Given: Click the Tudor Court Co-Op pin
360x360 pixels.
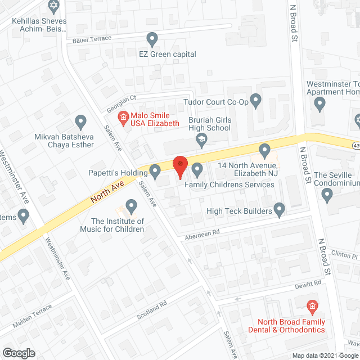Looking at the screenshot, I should tap(256, 101).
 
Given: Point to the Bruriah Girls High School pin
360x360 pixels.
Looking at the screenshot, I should tap(202, 143).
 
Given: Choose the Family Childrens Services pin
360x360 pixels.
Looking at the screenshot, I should tap(197, 169).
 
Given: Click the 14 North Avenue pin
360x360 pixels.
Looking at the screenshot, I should tap(264, 150).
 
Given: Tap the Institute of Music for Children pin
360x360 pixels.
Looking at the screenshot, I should tap(132, 206).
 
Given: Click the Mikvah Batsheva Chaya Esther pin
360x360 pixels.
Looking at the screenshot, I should tap(80, 121).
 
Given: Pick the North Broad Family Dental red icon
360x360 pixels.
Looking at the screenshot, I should tap(312, 307).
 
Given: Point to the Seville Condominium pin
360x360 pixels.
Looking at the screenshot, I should tap(328, 195).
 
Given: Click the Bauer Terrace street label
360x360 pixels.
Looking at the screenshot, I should tap(92, 39).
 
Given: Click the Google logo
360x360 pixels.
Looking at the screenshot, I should tap(18, 353).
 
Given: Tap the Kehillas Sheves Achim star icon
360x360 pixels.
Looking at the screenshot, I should tap(54, 7).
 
